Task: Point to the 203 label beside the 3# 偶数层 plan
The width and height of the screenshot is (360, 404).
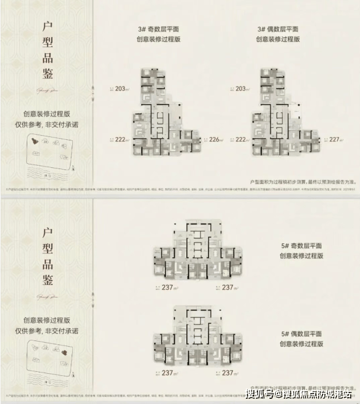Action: point(242,88)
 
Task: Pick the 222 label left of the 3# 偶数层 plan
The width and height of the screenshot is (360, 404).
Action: point(242,139)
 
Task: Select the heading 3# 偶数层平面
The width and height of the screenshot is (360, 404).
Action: point(278,28)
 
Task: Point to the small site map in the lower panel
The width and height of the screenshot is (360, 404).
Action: point(50,355)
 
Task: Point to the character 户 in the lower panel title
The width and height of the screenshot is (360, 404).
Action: point(49,232)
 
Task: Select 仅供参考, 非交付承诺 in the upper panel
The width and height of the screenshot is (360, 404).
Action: point(50,123)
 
